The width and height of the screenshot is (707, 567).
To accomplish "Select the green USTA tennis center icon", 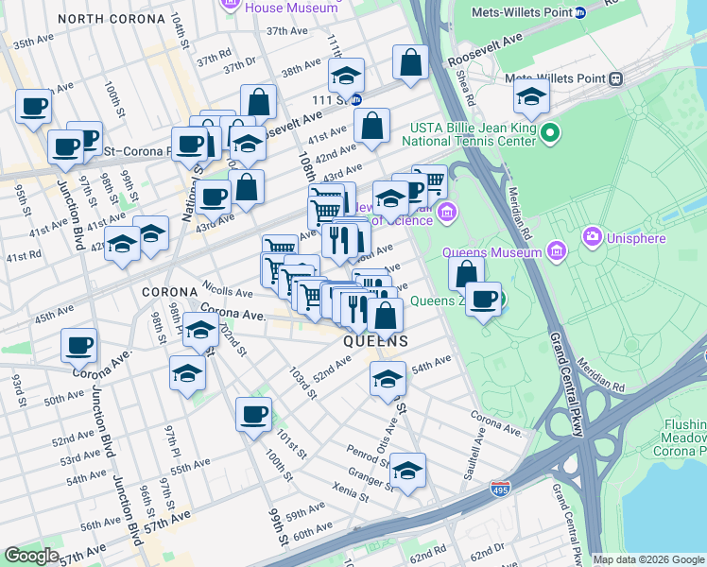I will tap(549, 135).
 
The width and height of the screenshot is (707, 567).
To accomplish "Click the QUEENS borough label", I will tap(375, 341).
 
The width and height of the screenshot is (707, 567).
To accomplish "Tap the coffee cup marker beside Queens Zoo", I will tap(484, 301).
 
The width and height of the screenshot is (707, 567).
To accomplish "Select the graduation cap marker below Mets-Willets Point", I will tap(532, 96).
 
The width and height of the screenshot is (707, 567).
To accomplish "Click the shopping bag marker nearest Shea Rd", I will tap(410, 63).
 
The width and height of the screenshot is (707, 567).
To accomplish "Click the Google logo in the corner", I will tap(31, 555).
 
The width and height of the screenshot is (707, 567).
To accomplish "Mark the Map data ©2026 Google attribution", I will tap(648, 559).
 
